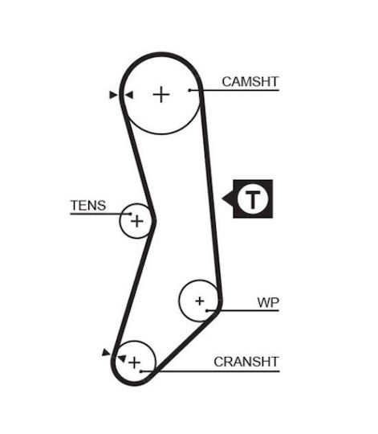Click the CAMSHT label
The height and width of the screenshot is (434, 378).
pyautogui.click(x=250, y=82)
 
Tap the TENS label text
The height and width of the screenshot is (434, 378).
pyautogui.click(x=88, y=206)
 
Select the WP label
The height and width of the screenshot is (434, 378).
pyautogui.click(x=268, y=302)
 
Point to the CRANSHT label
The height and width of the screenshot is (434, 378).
pyautogui.click(x=246, y=362)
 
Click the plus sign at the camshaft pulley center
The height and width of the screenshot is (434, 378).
pyautogui.click(x=161, y=95)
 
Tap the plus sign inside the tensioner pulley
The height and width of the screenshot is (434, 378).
pyautogui.click(x=137, y=221)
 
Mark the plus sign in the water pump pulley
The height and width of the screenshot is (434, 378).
pyautogui.click(x=200, y=301)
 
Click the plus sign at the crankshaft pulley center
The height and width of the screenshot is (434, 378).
pyautogui.click(x=135, y=362)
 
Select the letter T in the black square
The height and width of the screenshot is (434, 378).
pyautogui.click(x=253, y=199)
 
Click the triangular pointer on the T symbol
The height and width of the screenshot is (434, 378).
pyautogui.click(x=228, y=199)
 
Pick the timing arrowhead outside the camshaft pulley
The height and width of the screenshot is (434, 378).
pyautogui.click(x=113, y=95)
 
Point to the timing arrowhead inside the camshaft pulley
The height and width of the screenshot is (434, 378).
pyautogui.click(x=129, y=95)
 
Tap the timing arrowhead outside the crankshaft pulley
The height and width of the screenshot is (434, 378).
pyautogui.click(x=106, y=352)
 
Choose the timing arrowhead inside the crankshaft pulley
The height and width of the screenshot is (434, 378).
pyautogui.click(x=122, y=358)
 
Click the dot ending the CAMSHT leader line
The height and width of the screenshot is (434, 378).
pyautogui.click(x=189, y=90)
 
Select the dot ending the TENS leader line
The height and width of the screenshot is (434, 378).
pyautogui.click(x=131, y=214)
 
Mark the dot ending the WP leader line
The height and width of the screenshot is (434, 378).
pyautogui.click(x=207, y=310)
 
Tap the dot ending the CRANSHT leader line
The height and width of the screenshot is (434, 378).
pyautogui.click(x=140, y=371)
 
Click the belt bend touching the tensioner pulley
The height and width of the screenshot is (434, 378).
pyautogui.click(x=153, y=221)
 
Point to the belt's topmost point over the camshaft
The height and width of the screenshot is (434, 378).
pyautogui.click(x=161, y=54)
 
